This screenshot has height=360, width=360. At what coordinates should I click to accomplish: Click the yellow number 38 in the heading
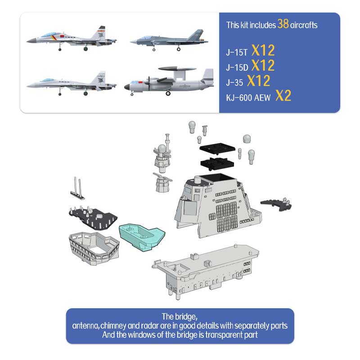283,24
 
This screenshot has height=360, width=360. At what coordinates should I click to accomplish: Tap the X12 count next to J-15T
263,50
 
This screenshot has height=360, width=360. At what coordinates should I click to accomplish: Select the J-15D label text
237,67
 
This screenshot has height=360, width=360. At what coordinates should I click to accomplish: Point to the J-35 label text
234,83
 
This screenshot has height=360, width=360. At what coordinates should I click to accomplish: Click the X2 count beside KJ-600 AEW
283,96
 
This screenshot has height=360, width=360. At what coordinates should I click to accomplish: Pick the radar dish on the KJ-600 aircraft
177,69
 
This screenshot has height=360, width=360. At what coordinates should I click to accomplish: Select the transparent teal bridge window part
142,237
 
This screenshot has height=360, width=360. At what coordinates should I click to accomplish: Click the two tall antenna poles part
77,188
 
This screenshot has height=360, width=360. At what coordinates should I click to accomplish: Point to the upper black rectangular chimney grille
217,149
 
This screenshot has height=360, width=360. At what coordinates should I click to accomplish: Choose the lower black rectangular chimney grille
217,163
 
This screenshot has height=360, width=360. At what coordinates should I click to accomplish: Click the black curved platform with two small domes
276,204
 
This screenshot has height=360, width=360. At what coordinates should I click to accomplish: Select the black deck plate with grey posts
93,218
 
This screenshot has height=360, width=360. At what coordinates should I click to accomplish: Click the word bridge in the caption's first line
186,317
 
